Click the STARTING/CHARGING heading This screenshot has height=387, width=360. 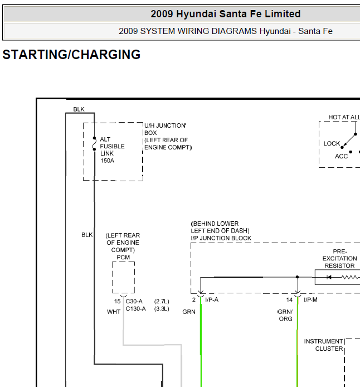coord(71,55)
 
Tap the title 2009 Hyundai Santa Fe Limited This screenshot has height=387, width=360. coord(225,14)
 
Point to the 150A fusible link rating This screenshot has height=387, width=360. coord(107,161)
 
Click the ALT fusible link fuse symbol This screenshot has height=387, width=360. coord(94,144)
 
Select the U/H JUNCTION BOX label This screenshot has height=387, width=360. coord(165,129)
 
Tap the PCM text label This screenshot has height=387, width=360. coord(123,258)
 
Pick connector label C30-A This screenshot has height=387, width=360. coord(134,301)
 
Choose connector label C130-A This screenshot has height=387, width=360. coord(135,309)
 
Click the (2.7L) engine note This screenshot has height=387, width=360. coord(162,301)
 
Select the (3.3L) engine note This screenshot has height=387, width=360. coord(162,309)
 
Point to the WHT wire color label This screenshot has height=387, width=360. coord(114,312)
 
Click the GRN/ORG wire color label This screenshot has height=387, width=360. coord(285,315)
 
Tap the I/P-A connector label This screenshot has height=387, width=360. coord(212,299)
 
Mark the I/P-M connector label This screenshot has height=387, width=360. coord(311,299)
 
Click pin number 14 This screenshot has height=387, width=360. coord(289,300)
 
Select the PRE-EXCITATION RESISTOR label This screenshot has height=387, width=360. coord(339,258)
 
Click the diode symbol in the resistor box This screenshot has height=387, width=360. coord(329,277)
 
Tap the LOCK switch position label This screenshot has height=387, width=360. coord(332,143)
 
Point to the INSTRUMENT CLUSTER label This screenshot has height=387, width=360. coord(324,345)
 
